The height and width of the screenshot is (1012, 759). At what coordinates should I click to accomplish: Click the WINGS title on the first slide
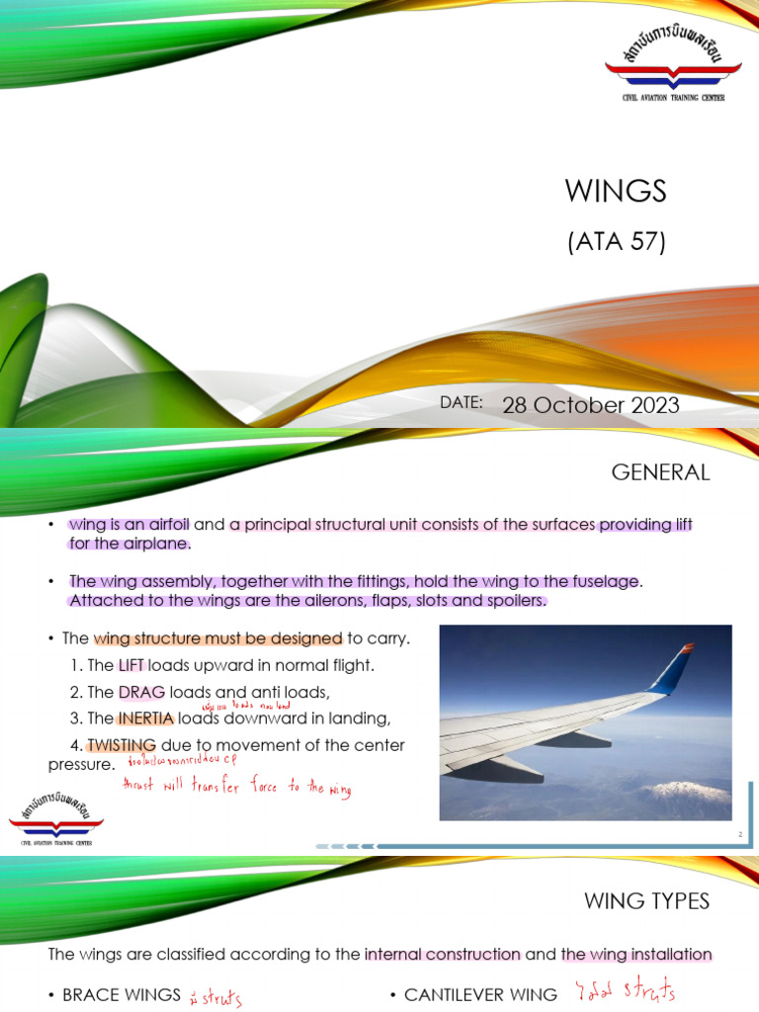616,191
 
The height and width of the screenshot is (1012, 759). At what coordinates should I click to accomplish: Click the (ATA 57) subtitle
616,240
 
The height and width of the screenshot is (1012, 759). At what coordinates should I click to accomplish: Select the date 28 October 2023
591,406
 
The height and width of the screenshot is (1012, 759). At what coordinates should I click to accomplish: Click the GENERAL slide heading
660,472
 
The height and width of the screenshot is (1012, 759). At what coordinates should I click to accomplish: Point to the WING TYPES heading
660,900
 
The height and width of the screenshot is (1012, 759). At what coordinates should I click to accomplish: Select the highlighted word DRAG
140,691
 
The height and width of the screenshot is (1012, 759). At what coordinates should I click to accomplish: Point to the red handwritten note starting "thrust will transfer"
235,788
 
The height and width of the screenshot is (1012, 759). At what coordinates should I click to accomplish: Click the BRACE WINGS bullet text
121,995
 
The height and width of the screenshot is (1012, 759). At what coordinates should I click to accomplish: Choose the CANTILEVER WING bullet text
472,995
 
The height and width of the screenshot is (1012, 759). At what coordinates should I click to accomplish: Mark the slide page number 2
738,835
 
